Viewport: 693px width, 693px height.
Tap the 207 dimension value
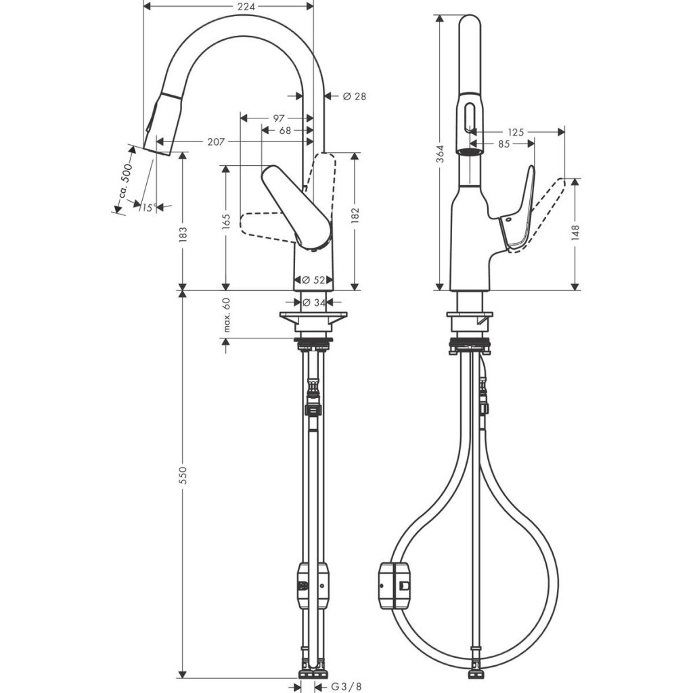click(x=217, y=141)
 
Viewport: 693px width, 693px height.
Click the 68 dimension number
click(x=285, y=130)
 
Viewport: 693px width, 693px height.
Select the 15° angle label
click(x=148, y=208)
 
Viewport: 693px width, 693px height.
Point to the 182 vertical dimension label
click(x=355, y=215)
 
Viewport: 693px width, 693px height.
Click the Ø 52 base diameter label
click(x=313, y=280)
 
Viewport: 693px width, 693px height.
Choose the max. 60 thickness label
click(x=227, y=315)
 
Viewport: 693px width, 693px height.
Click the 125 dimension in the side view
click(x=516, y=133)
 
